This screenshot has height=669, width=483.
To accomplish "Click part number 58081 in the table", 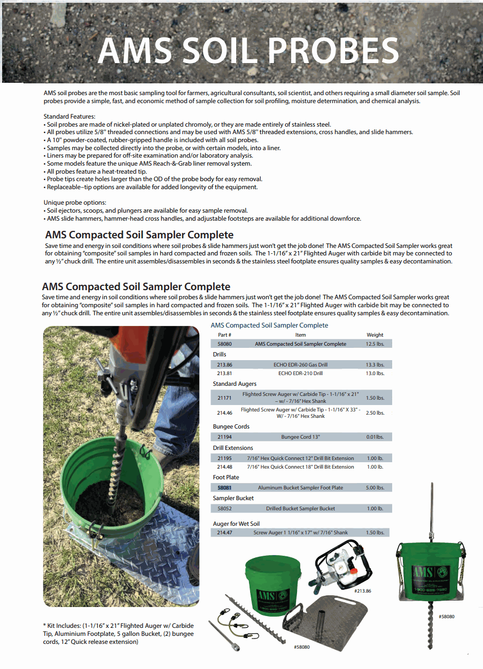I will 224,487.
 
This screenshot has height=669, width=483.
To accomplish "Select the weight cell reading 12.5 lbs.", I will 375,344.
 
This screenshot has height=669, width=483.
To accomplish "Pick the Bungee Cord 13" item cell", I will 300,437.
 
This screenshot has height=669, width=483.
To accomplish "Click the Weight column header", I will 375,335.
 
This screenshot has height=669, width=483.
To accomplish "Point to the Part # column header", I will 224,335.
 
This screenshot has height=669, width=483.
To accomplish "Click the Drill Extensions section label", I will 233,448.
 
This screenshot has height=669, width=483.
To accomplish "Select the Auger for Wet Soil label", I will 236,524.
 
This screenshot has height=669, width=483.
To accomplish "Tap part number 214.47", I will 224,533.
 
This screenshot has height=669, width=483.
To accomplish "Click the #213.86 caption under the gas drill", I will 362,591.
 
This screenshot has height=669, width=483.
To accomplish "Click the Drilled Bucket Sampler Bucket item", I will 300,508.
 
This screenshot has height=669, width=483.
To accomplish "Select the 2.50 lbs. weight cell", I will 375,413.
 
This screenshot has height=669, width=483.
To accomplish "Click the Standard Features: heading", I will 69,116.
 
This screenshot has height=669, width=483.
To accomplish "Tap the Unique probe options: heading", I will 75,203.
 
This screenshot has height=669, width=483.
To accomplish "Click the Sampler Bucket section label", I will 233,498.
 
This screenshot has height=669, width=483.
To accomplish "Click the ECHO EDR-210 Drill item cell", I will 300,374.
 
